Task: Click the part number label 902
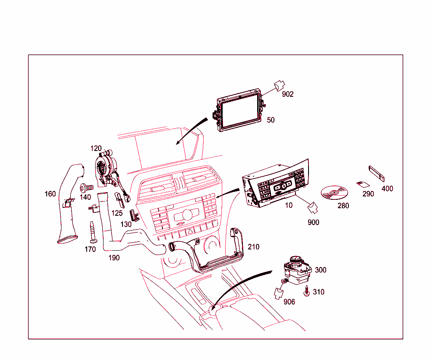288,94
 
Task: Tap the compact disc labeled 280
335,193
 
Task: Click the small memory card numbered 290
362,184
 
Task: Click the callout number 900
313,222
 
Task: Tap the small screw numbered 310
307,291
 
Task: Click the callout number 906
289,302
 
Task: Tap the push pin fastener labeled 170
93,231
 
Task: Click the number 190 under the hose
114,257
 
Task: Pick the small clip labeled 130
133,215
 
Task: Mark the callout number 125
117,213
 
